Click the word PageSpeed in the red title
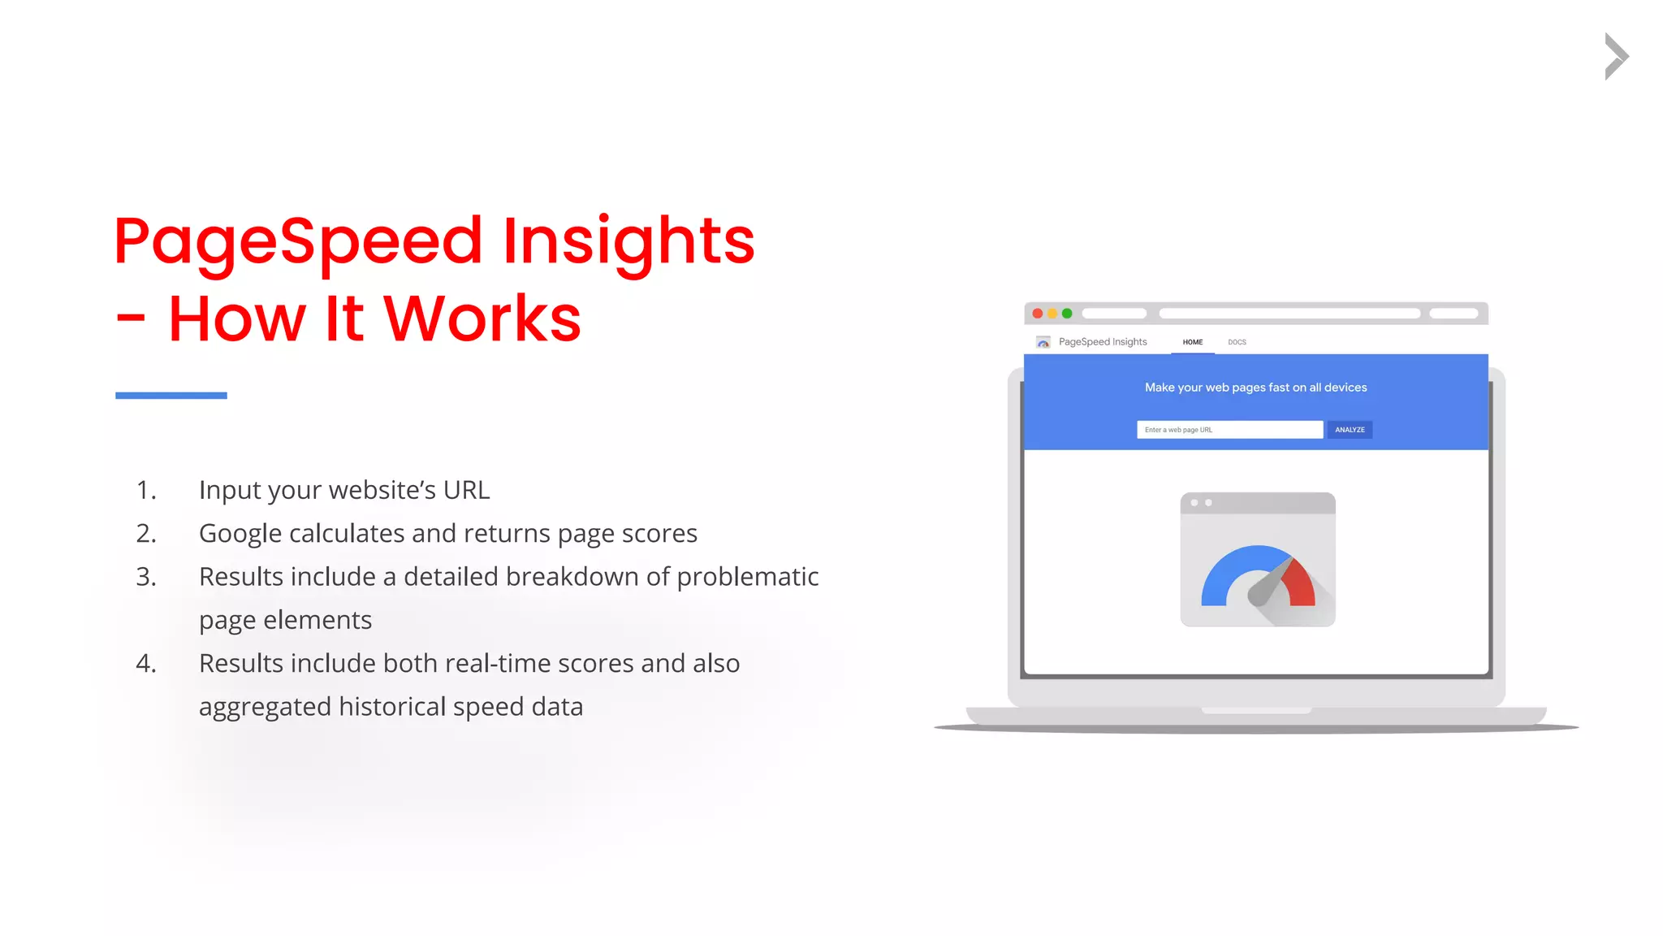click(298, 241)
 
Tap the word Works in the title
click(482, 318)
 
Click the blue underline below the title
click(171, 396)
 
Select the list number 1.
click(145, 490)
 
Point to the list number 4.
click(145, 664)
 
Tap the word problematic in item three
click(747, 577)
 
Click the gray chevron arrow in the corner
click(1616, 56)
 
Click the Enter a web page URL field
click(1229, 430)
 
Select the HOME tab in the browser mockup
click(1192, 342)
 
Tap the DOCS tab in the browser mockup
click(1237, 342)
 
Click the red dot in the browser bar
click(1037, 314)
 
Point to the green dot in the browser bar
click(1067, 314)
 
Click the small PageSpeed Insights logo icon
click(1043, 342)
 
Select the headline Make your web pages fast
click(1255, 388)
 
